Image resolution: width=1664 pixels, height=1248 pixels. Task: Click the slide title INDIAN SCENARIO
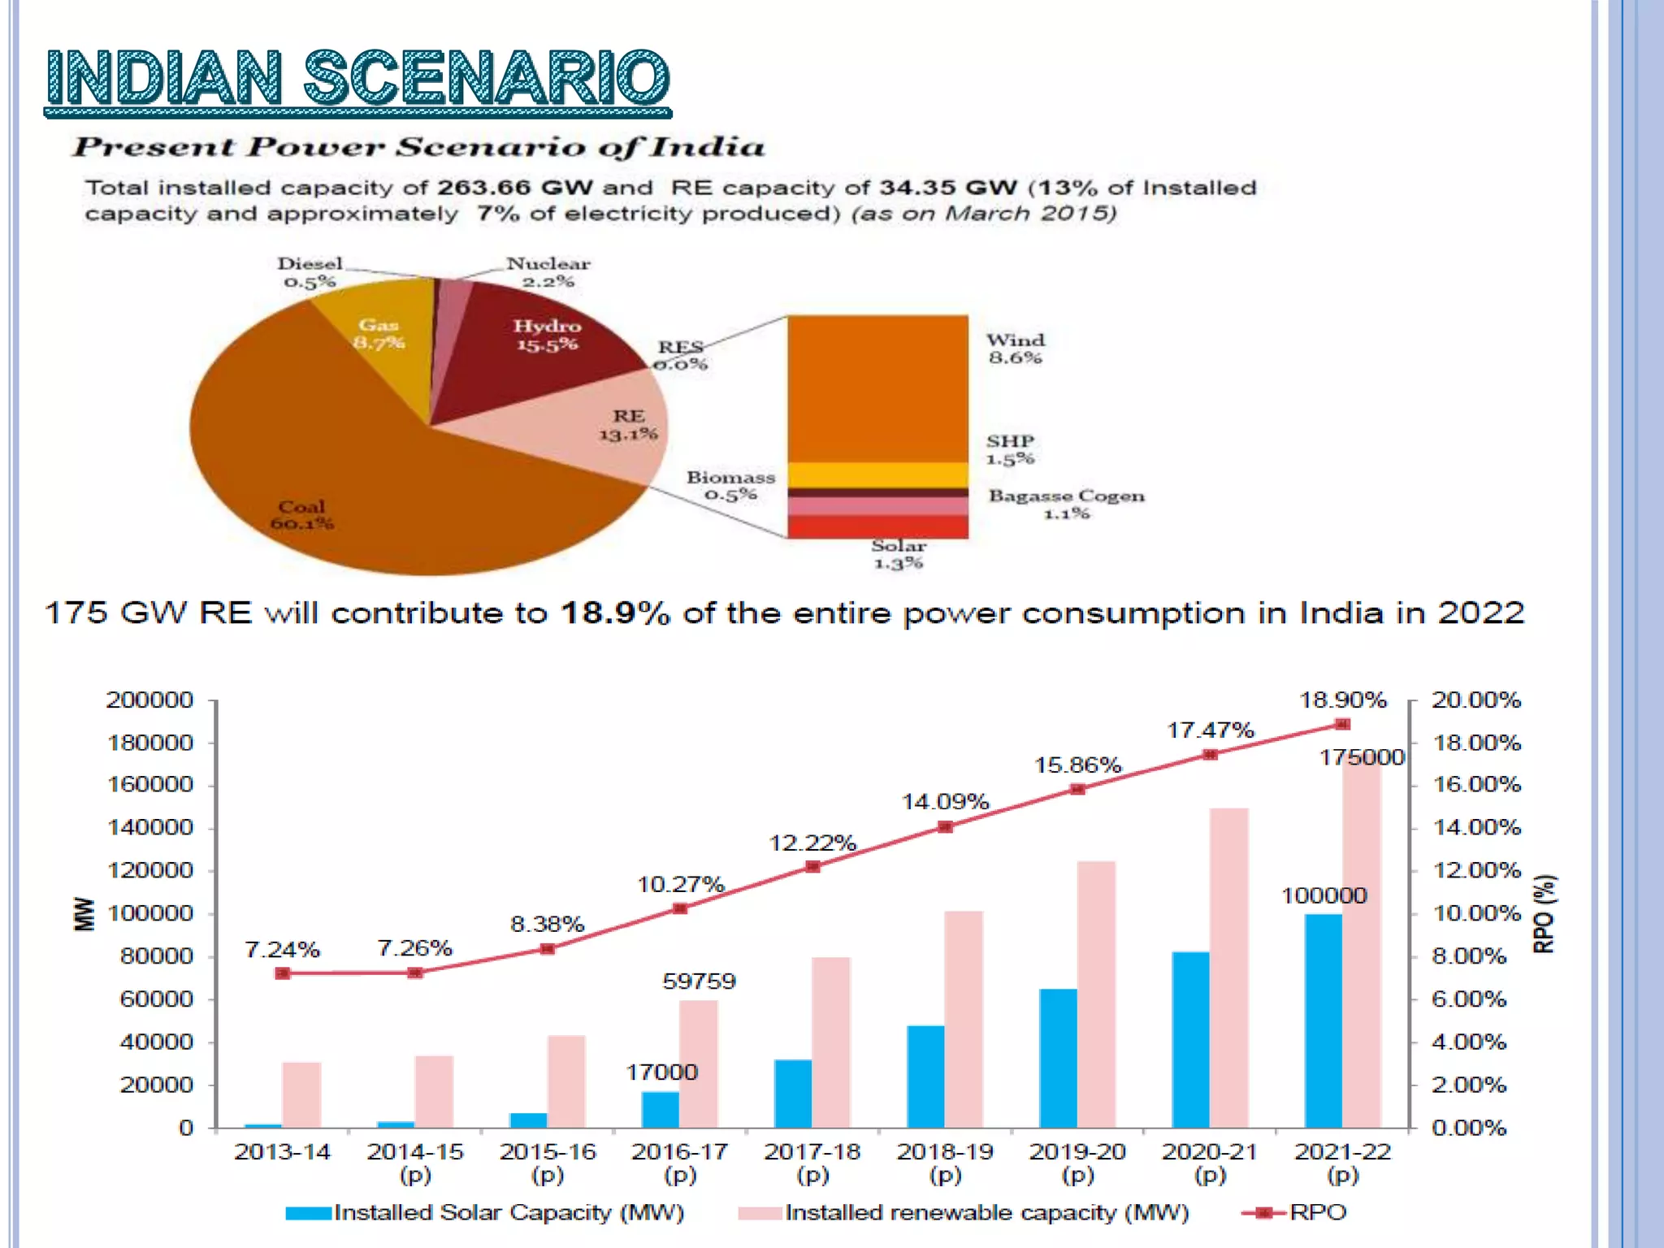click(357, 79)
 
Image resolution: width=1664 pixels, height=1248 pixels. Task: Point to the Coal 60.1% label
click(301, 514)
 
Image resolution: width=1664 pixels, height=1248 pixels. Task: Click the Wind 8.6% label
click(1015, 349)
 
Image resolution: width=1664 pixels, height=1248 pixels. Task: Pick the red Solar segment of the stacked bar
click(877, 526)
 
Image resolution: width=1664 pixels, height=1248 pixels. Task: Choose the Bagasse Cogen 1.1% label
click(1066, 504)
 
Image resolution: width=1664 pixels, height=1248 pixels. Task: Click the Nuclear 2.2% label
click(548, 272)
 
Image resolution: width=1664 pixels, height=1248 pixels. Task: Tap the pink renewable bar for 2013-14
click(301, 1094)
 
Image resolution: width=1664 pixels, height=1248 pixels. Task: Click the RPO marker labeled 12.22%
click(812, 866)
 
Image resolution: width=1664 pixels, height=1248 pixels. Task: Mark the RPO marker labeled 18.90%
click(1342, 724)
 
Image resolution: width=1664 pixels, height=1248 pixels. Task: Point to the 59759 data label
click(699, 981)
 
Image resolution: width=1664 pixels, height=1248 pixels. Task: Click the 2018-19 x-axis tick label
click(945, 1162)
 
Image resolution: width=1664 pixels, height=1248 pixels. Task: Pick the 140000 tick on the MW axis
click(150, 827)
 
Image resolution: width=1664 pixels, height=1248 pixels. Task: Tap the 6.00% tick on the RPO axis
click(1469, 999)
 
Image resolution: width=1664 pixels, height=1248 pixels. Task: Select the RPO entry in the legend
click(1316, 1212)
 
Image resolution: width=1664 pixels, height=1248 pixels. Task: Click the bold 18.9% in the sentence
click(615, 613)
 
